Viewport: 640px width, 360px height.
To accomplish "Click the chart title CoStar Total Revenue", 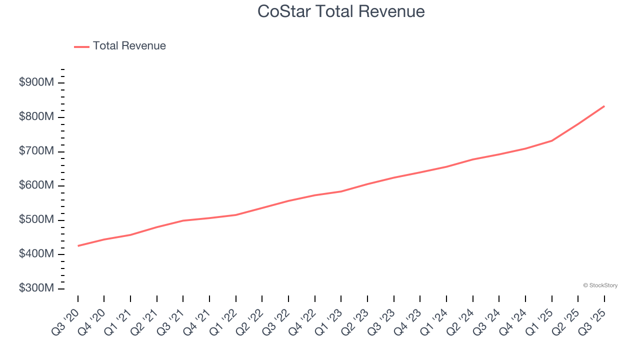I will click(341, 11).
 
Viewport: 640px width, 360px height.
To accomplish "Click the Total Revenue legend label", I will click(129, 46).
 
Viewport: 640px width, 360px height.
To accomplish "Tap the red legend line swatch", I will click(81, 46).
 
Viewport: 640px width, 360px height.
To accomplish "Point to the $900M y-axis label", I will click(36, 82).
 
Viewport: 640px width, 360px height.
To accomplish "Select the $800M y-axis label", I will click(36, 117).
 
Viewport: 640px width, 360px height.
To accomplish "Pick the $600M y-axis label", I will click(36, 185).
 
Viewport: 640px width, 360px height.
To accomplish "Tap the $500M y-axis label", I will click(36, 220).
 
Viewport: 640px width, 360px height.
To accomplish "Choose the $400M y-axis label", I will click(36, 254).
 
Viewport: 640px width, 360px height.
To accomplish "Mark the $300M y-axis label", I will click(36, 288).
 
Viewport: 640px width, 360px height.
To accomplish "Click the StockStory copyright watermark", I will click(600, 285).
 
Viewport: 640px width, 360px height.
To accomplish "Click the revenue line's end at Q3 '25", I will click(604, 106).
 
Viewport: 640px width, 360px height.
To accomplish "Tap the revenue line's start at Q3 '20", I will click(78, 245).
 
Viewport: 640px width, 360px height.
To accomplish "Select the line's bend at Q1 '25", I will click(551, 140).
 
